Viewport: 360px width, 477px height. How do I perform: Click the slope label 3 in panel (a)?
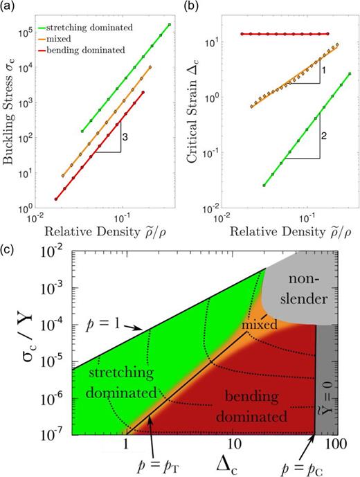[124, 138]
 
